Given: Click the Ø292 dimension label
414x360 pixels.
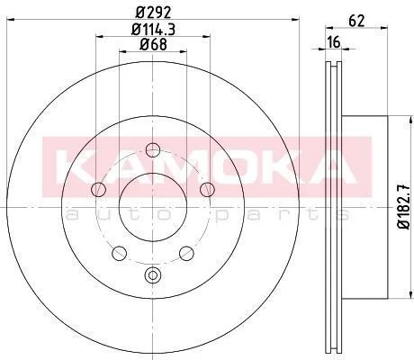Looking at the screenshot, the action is pos(153,12).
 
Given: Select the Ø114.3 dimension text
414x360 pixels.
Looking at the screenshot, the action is pos(153,30).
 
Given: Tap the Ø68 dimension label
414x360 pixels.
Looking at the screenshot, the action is pos(153,45).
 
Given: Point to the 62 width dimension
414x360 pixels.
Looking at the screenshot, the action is pos(356,21).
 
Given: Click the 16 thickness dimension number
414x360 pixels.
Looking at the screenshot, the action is pos(334,42).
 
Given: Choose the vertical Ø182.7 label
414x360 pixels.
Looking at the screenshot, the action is pos(404,207).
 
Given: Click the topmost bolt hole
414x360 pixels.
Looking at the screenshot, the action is pos(153,150).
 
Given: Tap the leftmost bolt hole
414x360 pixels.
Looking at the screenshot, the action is pos(98,189).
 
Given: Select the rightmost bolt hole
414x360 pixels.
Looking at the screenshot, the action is pos(207,189).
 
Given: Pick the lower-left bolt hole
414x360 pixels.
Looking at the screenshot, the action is pos(119,253).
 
